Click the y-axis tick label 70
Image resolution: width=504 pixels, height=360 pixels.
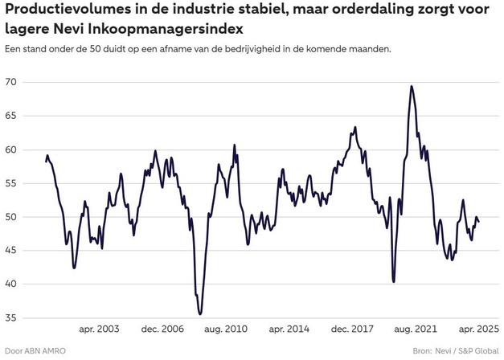click(11, 82)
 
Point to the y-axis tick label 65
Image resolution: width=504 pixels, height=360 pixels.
click(11, 116)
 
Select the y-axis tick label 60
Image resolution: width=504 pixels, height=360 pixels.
click(11, 149)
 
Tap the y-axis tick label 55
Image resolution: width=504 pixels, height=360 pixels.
click(11, 183)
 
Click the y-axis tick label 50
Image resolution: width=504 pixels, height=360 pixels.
click(11, 217)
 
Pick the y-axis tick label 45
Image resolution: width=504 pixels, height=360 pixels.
click(11, 251)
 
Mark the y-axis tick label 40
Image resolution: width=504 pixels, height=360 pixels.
click(11, 284)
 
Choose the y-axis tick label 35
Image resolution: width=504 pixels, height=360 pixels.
click(11, 318)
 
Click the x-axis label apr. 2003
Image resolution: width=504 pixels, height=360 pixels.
click(99, 329)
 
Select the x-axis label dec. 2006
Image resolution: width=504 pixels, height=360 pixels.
click(162, 329)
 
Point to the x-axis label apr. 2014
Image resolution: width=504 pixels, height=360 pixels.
click(288, 329)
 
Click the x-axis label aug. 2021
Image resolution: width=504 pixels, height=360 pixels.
click(415, 329)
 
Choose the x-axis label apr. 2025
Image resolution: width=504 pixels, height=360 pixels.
click(477, 329)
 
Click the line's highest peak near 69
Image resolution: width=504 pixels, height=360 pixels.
click(412, 86)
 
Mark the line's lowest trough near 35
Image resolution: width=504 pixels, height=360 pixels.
click(200, 314)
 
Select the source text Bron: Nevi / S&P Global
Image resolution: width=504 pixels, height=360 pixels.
click(455, 351)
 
